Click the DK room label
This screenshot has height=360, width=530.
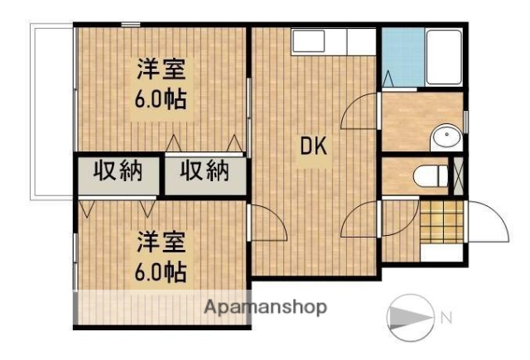click(x=315, y=148)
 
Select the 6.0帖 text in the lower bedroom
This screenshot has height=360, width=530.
click(x=161, y=270)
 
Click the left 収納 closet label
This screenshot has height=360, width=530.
click(x=118, y=172)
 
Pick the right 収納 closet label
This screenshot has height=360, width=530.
click(x=205, y=172)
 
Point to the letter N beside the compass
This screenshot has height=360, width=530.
click(x=446, y=316)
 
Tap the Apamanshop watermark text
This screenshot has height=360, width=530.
click(x=265, y=308)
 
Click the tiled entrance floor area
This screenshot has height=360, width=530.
click(x=441, y=222)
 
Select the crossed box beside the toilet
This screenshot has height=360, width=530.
click(x=455, y=175)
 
